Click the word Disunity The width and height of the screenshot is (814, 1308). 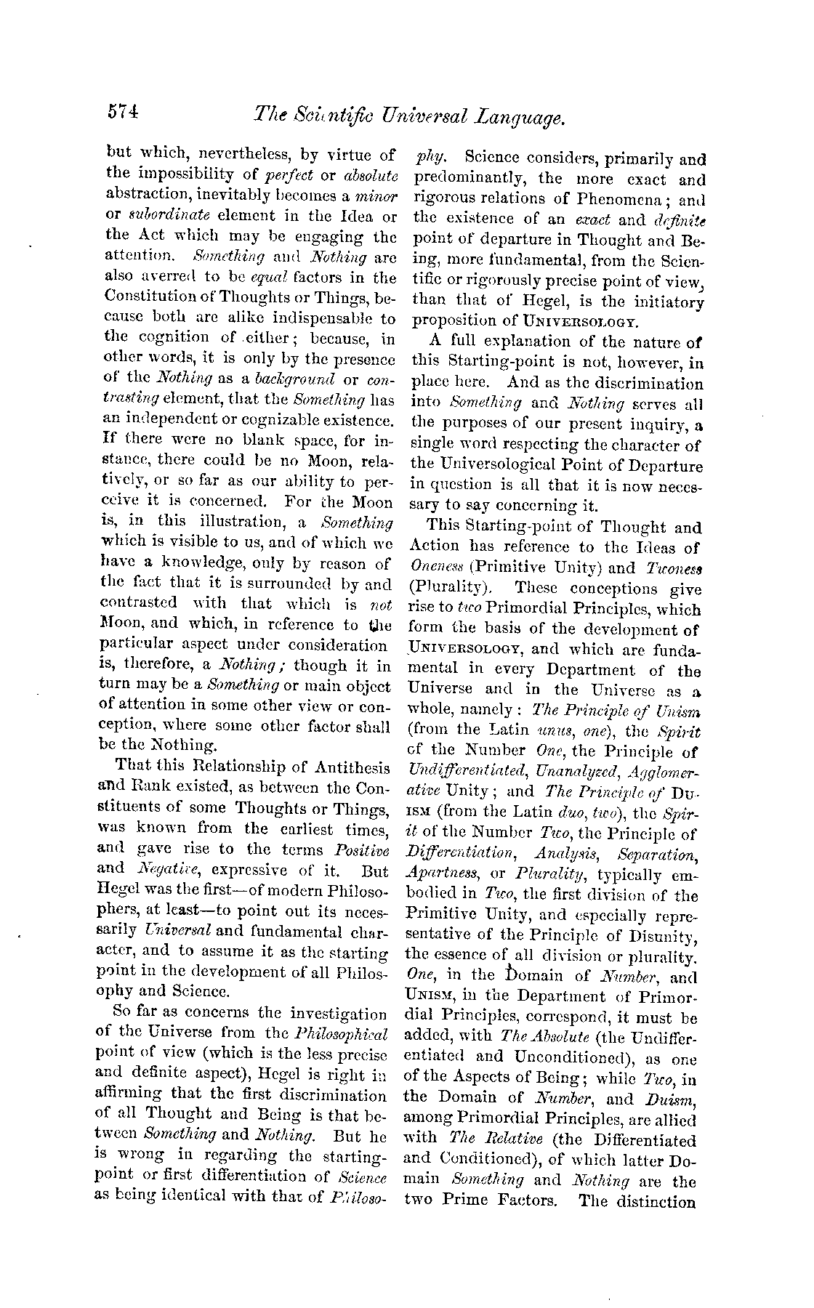click(x=662, y=935)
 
